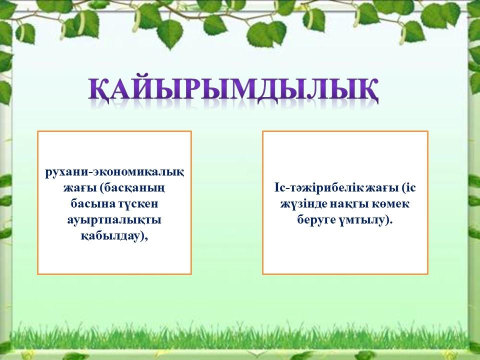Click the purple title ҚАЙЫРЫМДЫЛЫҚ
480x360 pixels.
(233, 89)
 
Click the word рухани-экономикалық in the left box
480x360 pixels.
(114, 172)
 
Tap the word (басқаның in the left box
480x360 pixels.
(132, 188)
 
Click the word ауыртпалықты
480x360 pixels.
(114, 220)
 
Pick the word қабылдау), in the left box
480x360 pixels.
(114, 236)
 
